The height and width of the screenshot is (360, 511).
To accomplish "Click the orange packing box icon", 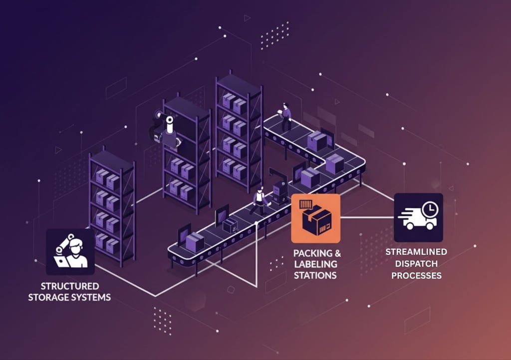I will click(316, 218).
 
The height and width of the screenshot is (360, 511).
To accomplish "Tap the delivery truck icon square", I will click(418, 218).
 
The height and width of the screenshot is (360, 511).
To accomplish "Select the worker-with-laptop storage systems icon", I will click(70, 252).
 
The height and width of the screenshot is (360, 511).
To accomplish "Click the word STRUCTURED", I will click(70, 286).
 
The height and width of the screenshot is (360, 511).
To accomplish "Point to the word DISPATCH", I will click(416, 264).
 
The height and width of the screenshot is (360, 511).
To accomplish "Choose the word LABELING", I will click(315, 264).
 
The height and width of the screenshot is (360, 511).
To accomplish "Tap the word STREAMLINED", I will click(416, 252).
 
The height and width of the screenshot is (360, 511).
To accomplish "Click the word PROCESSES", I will click(416, 275).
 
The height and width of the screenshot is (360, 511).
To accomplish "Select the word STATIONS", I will click(315, 275).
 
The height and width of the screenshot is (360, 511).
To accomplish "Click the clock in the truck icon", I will click(428, 209).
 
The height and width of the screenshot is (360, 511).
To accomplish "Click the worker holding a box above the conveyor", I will click(285, 116).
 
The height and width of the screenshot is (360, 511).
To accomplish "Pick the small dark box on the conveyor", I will click(230, 225).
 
